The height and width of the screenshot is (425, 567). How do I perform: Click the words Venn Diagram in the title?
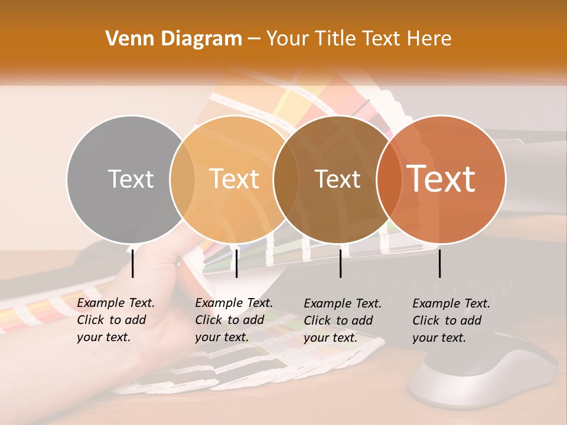click(174, 39)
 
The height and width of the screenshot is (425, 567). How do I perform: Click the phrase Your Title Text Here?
click(359, 39)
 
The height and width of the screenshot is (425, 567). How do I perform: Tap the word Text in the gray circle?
click(131, 179)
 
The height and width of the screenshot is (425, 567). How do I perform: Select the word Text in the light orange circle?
click(234, 179)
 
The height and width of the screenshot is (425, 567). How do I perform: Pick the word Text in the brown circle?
click(337, 179)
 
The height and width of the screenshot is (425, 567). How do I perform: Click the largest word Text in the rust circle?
click(441, 178)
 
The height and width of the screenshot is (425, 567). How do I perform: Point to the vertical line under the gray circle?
click(133, 263)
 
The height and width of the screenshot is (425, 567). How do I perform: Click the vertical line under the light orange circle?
click(236, 263)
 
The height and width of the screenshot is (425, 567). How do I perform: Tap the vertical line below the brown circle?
click(341, 263)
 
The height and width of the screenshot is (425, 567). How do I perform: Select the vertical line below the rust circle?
click(440, 263)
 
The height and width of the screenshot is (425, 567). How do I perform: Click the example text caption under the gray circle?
click(115, 320)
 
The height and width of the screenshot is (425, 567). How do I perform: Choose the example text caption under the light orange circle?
click(233, 320)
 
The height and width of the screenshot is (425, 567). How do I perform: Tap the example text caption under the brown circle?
click(342, 321)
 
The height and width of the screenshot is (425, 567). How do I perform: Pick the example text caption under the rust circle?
click(451, 321)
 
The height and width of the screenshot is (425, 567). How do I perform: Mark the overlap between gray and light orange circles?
click(183, 179)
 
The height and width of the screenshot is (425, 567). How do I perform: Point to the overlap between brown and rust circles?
click(387, 179)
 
